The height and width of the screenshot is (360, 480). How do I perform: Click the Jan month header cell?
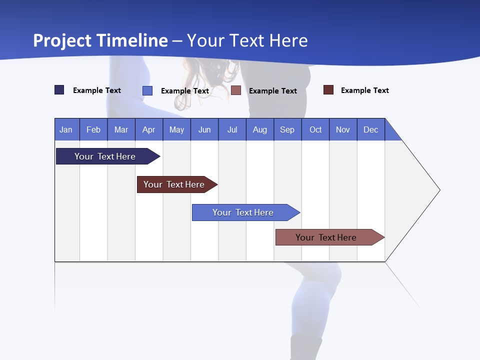[66, 129]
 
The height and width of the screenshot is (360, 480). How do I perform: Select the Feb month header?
[93, 129]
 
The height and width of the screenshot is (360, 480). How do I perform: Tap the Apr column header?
[149, 129]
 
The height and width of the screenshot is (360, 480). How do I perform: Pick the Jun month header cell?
[204, 129]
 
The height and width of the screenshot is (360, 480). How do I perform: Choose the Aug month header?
[260, 129]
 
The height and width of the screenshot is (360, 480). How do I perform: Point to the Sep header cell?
[287, 129]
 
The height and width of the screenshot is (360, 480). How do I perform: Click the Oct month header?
[315, 129]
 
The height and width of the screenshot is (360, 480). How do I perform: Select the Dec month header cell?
[371, 129]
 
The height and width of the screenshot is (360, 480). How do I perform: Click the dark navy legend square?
[59, 90]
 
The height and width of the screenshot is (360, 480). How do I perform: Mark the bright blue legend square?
[147, 90]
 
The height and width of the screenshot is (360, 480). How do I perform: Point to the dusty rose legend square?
[236, 90]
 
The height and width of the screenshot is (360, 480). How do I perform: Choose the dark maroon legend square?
[328, 90]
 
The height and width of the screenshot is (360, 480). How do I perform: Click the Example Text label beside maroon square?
[364, 90]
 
